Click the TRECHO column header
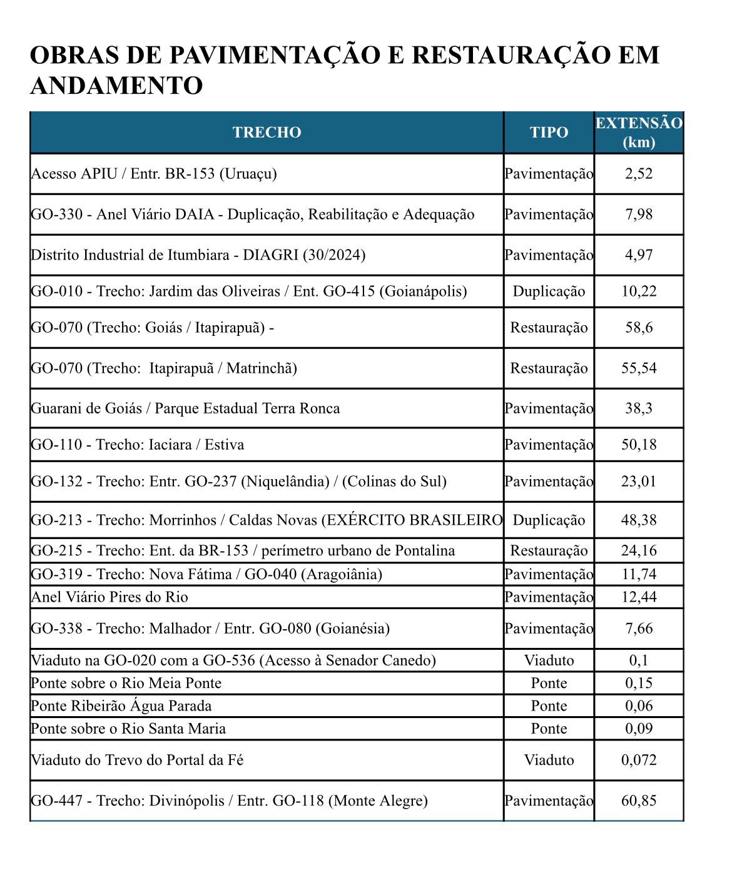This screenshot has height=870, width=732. pyautogui.click(x=267, y=132)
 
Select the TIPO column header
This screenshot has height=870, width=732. pyautogui.click(x=549, y=132)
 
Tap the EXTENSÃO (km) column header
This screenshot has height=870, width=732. pyautogui.click(x=638, y=132)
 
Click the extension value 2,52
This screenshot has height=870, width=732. pyautogui.click(x=638, y=173)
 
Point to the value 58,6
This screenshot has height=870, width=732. pyautogui.click(x=638, y=327)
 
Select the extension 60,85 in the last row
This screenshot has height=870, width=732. pyautogui.click(x=638, y=800)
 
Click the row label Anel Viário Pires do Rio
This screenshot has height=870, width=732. pyautogui.click(x=109, y=597)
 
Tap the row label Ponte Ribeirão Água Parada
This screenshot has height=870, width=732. pyautogui.click(x=121, y=706)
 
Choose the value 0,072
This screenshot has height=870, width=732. pyautogui.click(x=638, y=760)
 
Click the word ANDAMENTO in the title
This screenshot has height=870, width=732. pyautogui.click(x=116, y=86)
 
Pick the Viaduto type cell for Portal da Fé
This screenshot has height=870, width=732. pyautogui.click(x=549, y=760)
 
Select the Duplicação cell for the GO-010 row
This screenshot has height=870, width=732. pyautogui.click(x=549, y=291)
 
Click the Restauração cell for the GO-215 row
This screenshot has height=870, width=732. pyautogui.click(x=549, y=550)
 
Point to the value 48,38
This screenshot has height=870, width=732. pyautogui.click(x=638, y=520)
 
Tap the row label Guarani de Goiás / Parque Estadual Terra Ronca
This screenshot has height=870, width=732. pyautogui.click(x=185, y=408)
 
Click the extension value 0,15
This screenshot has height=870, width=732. pyautogui.click(x=638, y=683)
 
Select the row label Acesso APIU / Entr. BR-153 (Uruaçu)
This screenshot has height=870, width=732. pyautogui.click(x=154, y=173)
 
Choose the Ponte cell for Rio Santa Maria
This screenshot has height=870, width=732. pyautogui.click(x=549, y=728)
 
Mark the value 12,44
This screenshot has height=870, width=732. pyautogui.click(x=638, y=597)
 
